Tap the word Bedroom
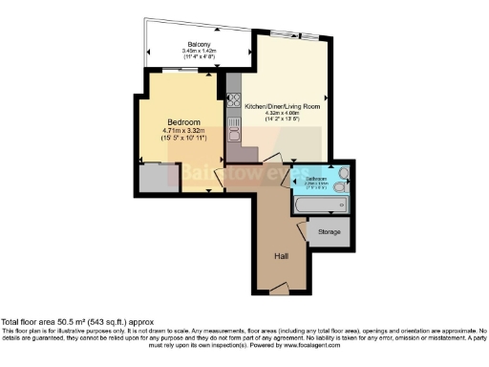pos(183,123)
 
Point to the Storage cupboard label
pos(327,231)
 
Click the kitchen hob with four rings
pos(233,101)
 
